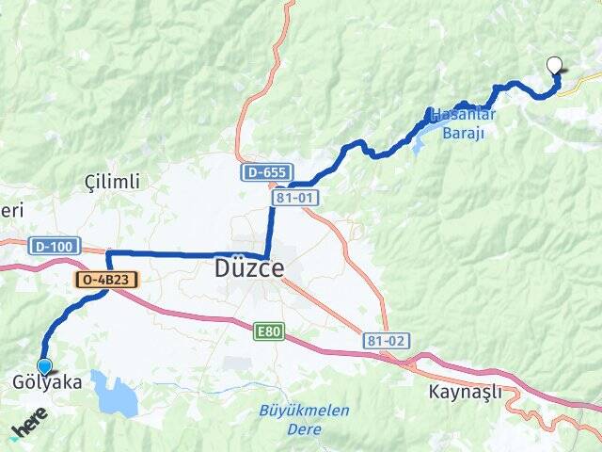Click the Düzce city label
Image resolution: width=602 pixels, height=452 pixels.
pyautogui.click(x=249, y=269)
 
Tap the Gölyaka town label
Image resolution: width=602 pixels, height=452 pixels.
pyautogui.click(x=47, y=383)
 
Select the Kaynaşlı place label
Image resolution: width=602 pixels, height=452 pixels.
pyautogui.click(x=465, y=391)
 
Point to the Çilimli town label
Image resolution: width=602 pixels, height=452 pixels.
pyautogui.click(x=112, y=181)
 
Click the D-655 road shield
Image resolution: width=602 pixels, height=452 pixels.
pyautogui.click(x=264, y=172)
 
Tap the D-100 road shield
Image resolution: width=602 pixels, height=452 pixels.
pyautogui.click(x=52, y=247)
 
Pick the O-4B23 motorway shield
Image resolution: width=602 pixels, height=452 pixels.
pyautogui.click(x=106, y=280)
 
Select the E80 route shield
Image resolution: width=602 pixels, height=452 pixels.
pyautogui.click(x=267, y=331)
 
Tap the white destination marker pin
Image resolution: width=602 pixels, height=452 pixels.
pyautogui.click(x=555, y=66)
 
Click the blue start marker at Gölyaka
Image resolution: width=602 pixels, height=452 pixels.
pyautogui.click(x=44, y=366)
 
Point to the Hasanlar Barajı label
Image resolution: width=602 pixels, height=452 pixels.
pyautogui.click(x=463, y=123)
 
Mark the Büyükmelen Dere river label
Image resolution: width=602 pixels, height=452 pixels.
pyautogui.click(x=304, y=420)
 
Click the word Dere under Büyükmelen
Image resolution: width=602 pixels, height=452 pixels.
pyautogui.click(x=304, y=429)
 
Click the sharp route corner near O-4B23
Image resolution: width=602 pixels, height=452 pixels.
pyautogui.click(x=108, y=253)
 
